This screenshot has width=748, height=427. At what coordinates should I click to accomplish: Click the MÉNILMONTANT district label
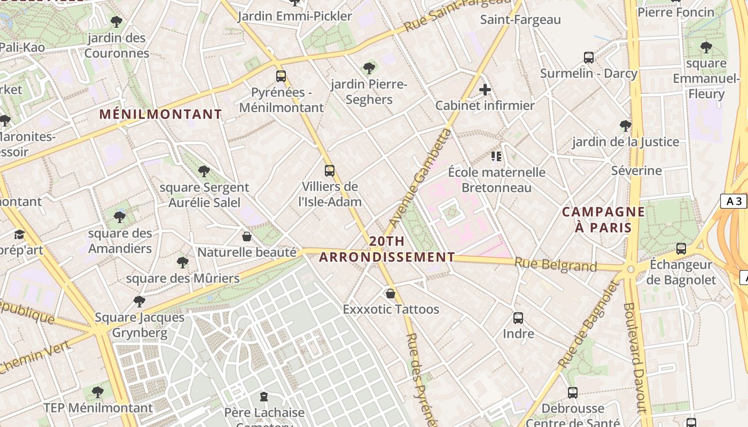pos(160,114)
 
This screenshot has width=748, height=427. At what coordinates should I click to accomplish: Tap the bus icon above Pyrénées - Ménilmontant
pos(281,76)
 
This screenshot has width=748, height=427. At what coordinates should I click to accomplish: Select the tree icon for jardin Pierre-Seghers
pos(369,68)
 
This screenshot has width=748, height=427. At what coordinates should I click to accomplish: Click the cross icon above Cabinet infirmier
pos(485,90)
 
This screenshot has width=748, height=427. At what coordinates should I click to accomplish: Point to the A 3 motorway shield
pos(734,201)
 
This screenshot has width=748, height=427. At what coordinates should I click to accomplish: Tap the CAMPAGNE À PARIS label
pos(603,219)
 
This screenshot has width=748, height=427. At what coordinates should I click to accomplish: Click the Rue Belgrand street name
pos(555,264)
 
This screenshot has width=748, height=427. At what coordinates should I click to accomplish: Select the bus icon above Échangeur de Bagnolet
pos(681,248)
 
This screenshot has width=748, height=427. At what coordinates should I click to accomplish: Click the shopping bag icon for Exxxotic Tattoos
pos(391,294)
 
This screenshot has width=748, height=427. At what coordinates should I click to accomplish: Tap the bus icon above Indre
pos(518,318)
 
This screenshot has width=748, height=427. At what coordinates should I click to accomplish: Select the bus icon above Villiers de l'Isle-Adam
pos(330,171)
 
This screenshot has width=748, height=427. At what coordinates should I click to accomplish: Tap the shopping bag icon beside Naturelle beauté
pos(247,236)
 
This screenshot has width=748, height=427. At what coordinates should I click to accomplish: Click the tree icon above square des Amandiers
pos(120,217)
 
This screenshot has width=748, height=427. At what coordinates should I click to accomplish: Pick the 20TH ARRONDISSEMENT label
pos(386,249)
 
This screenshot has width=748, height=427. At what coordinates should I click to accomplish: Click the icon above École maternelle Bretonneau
pos(496,156)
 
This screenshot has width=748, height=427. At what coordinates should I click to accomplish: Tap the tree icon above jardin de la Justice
pos(625,126)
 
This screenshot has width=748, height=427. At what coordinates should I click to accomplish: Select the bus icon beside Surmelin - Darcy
pos(588,58)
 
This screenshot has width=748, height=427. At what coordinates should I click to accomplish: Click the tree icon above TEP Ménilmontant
pos(97,392)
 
